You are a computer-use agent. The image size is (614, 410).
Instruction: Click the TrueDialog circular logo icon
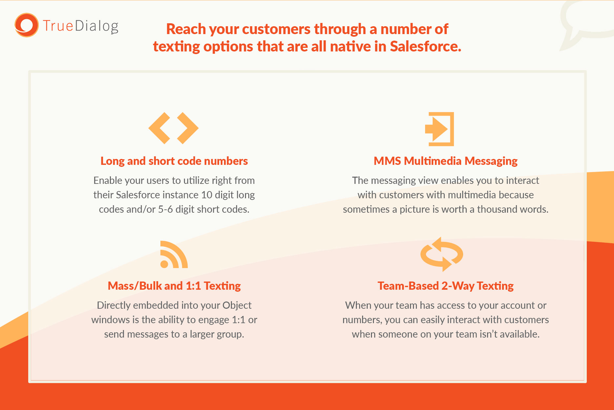coord(26,25)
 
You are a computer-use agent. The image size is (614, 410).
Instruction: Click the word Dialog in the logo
coord(97,26)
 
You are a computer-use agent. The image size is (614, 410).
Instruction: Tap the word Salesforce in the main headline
coord(425,46)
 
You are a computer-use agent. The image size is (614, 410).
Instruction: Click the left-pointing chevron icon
coord(159,128)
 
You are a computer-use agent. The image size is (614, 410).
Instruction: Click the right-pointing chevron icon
coord(188,128)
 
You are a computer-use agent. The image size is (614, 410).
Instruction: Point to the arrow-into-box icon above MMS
coord(440,129)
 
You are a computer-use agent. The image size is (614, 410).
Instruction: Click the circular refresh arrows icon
coord(442,254)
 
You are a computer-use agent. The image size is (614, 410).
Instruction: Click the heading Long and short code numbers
coord(174,161)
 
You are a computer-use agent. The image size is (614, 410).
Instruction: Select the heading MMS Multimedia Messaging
coord(445,161)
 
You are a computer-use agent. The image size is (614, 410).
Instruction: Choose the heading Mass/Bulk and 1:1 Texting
coord(174,286)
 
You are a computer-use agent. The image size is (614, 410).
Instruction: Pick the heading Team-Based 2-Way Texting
coord(445,286)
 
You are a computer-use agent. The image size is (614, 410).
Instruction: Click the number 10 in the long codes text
coord(207,195)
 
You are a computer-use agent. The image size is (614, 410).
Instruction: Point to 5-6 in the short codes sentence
coord(165,209)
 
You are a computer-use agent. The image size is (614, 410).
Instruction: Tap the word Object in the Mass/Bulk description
coord(237,305)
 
